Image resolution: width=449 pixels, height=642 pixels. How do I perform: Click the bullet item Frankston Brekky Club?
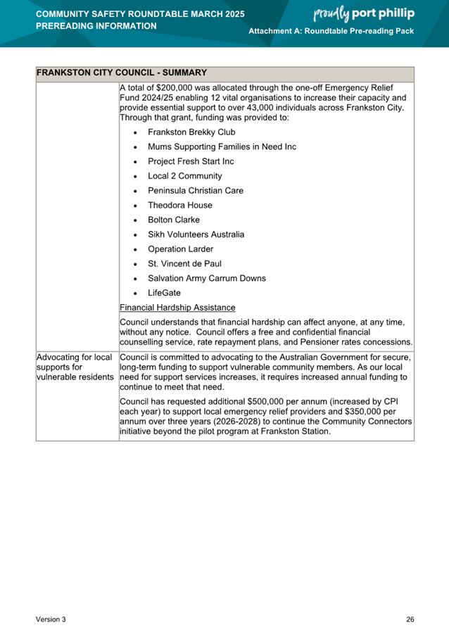coord(191,132)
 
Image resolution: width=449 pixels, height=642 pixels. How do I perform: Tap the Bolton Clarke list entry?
coord(173,220)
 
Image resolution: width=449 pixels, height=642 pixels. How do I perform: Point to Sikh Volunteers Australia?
coord(196,234)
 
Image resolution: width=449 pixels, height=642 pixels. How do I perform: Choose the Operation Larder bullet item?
coord(180,249)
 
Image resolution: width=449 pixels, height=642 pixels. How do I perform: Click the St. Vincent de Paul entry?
coord(184,264)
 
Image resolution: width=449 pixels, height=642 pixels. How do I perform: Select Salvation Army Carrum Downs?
coord(206,278)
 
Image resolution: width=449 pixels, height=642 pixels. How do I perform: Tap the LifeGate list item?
coord(164,293)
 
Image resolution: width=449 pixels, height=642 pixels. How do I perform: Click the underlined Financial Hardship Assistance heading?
coord(177,308)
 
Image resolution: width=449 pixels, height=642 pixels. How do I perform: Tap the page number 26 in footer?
coord(410,619)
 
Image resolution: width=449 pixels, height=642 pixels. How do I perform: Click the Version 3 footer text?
coord(51,619)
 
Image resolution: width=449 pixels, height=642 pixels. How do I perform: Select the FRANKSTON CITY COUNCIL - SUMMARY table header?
coord(121,73)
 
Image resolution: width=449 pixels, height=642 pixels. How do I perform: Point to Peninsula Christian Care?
coord(195,191)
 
